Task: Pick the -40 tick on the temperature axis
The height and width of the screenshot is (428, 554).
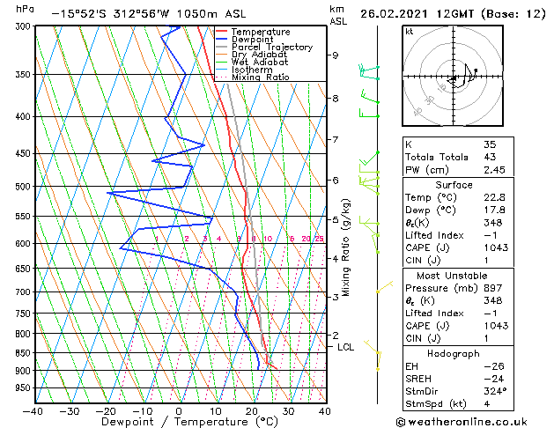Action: click(33, 411)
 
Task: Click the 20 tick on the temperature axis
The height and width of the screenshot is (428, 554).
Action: click(251, 411)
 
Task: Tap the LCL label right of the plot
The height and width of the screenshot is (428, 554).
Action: click(346, 347)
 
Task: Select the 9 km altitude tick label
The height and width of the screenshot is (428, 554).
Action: click(335, 55)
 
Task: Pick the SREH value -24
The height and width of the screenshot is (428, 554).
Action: click(492, 378)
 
